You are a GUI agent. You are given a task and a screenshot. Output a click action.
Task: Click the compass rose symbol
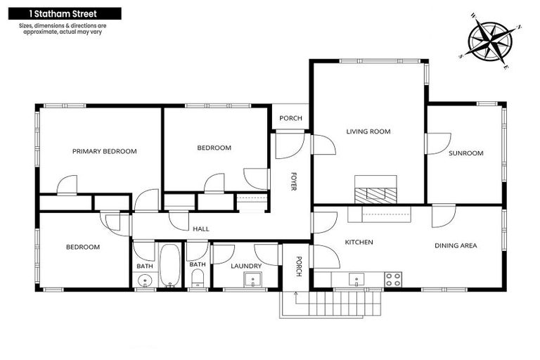(491, 40)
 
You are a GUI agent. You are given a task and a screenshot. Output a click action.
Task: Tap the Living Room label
(368, 131)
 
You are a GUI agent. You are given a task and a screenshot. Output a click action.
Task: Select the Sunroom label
(466, 153)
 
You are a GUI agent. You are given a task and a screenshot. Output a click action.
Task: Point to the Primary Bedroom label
(104, 151)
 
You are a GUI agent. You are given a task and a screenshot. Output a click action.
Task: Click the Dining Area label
(456, 245)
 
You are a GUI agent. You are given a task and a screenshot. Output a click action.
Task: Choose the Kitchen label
(358, 243)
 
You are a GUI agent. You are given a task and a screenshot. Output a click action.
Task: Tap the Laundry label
(246, 266)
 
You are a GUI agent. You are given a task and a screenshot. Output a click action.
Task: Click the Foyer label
(293, 181)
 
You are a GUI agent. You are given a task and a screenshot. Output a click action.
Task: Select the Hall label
(200, 229)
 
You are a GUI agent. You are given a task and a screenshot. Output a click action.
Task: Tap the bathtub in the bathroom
(169, 265)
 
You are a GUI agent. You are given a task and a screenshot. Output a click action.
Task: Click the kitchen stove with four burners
(393, 279)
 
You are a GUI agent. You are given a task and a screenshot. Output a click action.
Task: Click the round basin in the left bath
(145, 281)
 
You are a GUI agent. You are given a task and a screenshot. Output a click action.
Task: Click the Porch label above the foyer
(290, 118)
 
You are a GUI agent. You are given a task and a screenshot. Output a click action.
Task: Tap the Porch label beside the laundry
(298, 266)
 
